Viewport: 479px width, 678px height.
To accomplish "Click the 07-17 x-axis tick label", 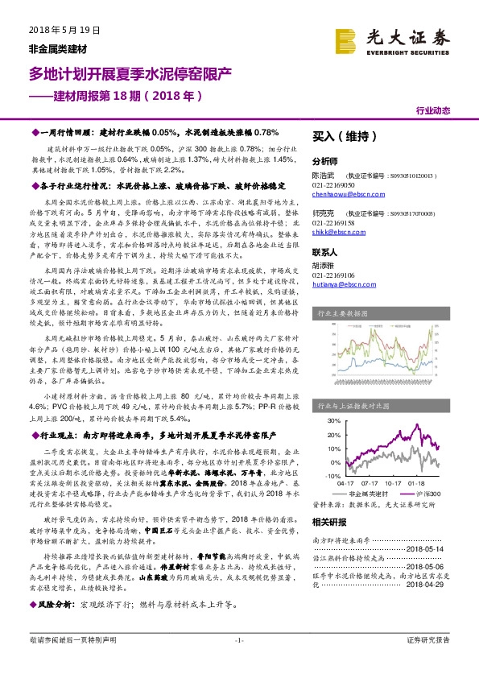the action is point(370,483).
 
